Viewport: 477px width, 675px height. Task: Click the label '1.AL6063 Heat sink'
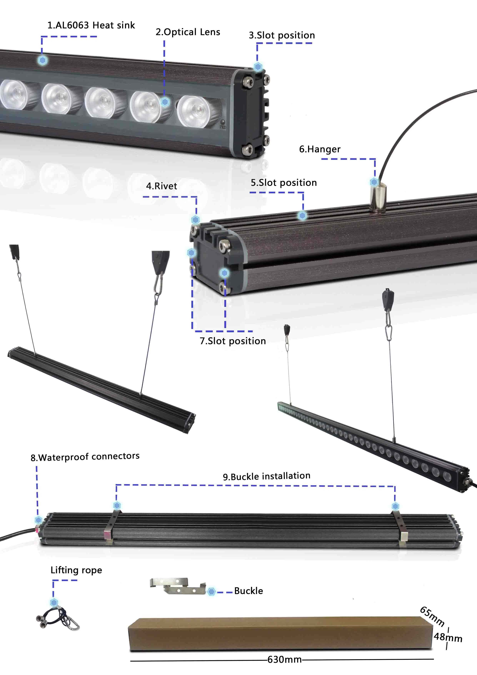91,25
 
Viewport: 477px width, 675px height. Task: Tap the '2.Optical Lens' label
188,32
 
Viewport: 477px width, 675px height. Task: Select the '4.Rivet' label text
162,186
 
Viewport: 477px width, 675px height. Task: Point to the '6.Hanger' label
320,149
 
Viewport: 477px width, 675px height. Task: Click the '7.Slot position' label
233,341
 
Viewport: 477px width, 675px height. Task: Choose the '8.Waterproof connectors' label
85,457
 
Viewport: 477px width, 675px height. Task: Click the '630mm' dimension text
284,659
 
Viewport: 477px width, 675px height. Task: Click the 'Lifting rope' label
76,570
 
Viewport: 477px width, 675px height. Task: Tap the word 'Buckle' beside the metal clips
249,591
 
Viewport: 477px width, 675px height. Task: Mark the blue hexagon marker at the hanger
374,182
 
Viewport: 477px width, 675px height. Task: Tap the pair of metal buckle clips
178,586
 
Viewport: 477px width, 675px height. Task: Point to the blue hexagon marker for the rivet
195,219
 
